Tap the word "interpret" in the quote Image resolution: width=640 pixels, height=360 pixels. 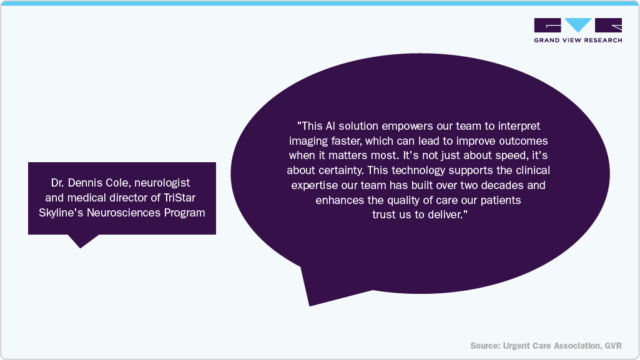(x=519, y=126)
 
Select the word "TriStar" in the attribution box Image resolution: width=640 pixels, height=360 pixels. (x=180, y=198)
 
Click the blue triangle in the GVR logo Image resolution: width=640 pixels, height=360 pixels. (x=578, y=24)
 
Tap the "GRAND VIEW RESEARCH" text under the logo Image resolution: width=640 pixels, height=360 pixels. (x=578, y=40)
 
